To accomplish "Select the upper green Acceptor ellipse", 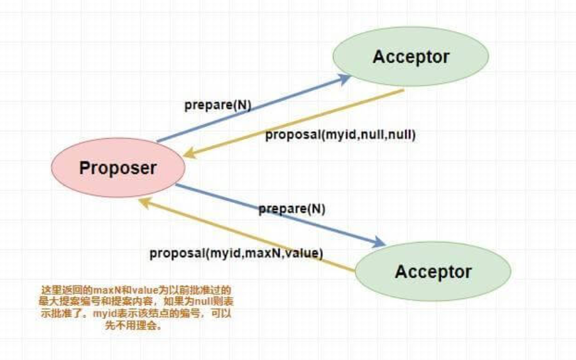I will pos(411,57).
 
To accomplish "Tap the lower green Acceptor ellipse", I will pos(433,272).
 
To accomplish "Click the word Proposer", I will pos(118,168).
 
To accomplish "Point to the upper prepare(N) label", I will pos(218,105).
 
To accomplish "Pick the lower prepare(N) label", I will pos(293,209).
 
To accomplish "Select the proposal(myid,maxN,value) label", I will pos(236,253).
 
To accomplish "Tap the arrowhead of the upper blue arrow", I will pos(345,78).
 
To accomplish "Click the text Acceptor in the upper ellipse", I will pos(411,57).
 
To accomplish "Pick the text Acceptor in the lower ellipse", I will pos(433,272).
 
